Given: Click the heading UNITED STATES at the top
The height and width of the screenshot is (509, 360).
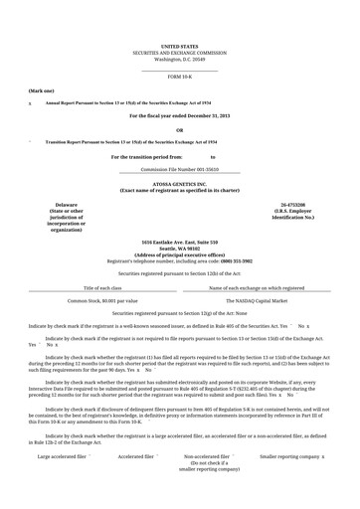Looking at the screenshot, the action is click(179, 47).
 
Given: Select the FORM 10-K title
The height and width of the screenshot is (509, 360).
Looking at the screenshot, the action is click(179, 77).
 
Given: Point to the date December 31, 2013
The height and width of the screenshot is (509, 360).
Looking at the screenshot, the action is click(207, 116).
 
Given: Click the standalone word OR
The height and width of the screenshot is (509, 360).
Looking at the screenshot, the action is click(179, 130).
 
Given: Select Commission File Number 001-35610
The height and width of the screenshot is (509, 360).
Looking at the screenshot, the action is click(179, 170).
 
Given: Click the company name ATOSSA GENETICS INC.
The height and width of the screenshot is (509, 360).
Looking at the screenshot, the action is click(179, 184).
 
